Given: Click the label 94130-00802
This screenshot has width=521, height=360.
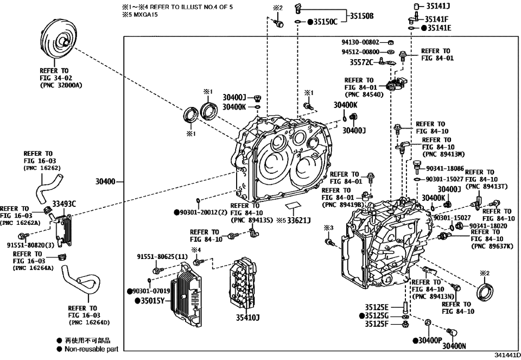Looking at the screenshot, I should click(360, 42).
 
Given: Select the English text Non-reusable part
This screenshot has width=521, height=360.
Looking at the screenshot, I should click(91, 349).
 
